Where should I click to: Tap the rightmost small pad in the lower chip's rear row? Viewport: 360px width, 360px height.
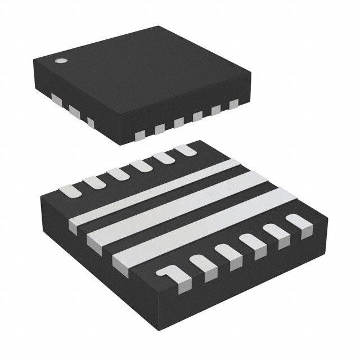184,150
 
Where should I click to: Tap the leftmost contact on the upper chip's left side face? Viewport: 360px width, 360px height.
56,98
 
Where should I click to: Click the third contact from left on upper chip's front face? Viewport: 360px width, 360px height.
179,122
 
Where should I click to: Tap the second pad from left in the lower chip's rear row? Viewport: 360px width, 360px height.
93,181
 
